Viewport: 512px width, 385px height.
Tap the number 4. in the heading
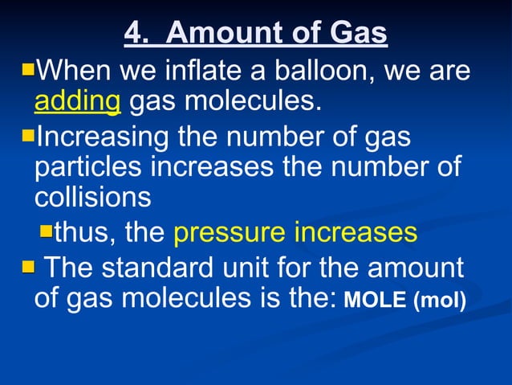(x=138, y=34)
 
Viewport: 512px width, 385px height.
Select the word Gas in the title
(x=359, y=34)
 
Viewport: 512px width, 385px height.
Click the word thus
(x=84, y=233)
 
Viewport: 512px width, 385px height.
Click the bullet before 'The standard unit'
(x=28, y=265)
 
